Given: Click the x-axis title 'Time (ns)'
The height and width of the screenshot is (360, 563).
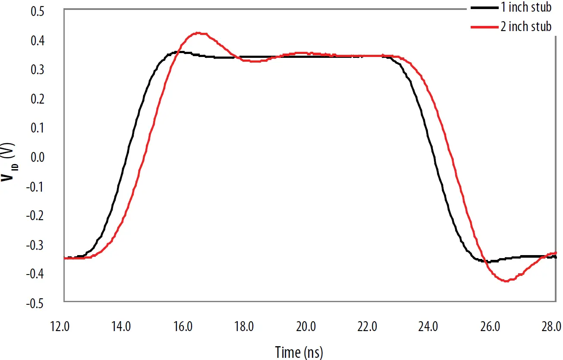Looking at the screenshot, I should (x=299, y=352).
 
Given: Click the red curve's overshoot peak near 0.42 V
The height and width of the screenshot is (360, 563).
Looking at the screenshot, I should (x=198, y=33).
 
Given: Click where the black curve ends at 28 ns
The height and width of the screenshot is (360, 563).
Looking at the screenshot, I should (x=555, y=257).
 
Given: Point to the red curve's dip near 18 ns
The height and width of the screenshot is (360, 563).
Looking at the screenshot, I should (x=255, y=61).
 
